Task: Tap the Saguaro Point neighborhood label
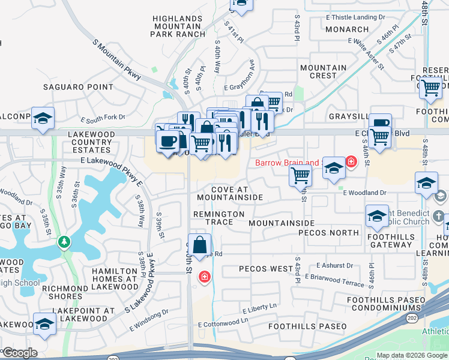point(78,87)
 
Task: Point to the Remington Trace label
point(218,218)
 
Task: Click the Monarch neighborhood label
point(348,29)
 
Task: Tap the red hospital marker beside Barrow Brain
point(351,161)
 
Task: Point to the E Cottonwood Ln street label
point(223,323)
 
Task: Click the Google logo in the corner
point(19,352)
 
